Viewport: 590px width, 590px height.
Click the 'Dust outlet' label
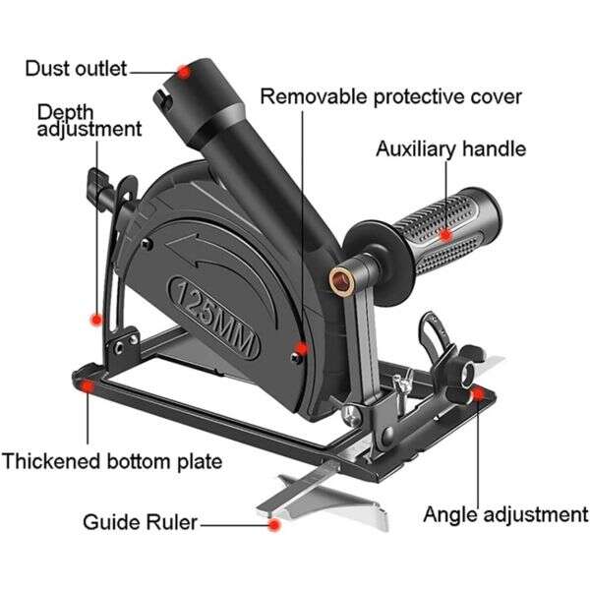pos(76,69)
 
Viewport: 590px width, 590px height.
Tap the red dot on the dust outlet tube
pos(184,71)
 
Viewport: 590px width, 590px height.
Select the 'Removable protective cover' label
pos(390,97)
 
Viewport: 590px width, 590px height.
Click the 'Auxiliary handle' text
pos(450,149)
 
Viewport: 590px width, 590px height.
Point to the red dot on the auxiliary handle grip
pos(445,234)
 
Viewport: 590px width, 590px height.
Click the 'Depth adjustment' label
pos(88,119)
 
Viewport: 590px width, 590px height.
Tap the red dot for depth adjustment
pos(95,318)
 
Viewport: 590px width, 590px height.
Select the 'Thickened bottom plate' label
pos(111,460)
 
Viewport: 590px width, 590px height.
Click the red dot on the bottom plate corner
pos(88,386)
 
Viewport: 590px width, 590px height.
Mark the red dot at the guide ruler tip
pos(273,525)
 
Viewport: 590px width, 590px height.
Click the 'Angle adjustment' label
pos(504,514)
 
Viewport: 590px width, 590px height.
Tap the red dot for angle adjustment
pos(478,394)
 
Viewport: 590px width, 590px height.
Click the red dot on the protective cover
pos(302,347)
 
